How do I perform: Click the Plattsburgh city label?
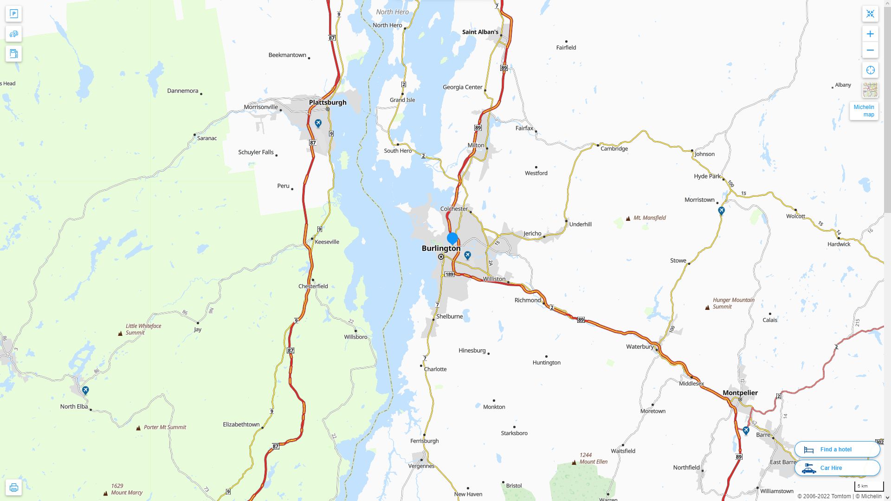point(328,103)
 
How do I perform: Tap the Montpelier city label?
point(740,393)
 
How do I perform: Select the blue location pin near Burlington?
point(452,239)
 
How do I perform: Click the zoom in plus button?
point(870,34)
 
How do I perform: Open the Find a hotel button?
point(837,450)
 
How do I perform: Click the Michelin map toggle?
point(864,111)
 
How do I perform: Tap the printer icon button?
point(13,488)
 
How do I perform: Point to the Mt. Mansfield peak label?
point(649,218)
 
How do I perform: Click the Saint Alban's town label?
point(480,32)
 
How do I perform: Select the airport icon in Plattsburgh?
point(318,123)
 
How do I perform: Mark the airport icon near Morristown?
point(721,211)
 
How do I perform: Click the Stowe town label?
point(678,261)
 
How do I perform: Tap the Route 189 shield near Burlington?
point(449,275)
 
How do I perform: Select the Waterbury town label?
point(639,347)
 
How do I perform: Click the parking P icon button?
point(13,14)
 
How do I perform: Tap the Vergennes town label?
point(421,466)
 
